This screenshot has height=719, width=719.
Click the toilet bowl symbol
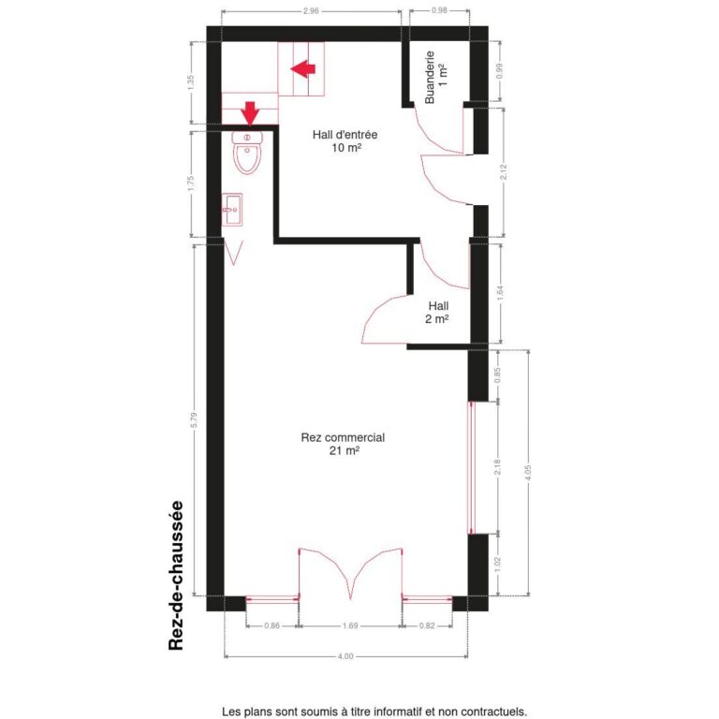[248, 154]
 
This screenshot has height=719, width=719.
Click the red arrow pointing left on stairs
[304, 68]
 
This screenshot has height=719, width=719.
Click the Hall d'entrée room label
[345, 141]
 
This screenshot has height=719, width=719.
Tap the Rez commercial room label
[344, 444]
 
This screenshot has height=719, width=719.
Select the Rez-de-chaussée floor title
[175, 575]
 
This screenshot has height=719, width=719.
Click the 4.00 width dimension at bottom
[345, 657]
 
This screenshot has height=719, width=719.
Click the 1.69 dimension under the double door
[350, 624]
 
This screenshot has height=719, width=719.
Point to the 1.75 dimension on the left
[192, 183]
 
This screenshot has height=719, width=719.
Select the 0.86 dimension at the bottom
[271, 624]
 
